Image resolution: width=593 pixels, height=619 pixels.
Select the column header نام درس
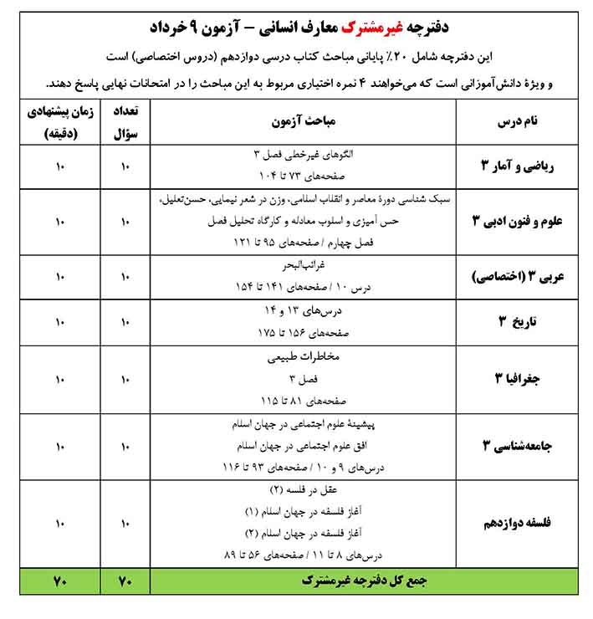pos(519,122)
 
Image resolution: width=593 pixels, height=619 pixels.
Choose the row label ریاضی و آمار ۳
pos(519,166)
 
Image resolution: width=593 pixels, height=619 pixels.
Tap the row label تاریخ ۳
pos(519,323)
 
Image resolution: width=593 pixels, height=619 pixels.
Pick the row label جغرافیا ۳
pos(519,379)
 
